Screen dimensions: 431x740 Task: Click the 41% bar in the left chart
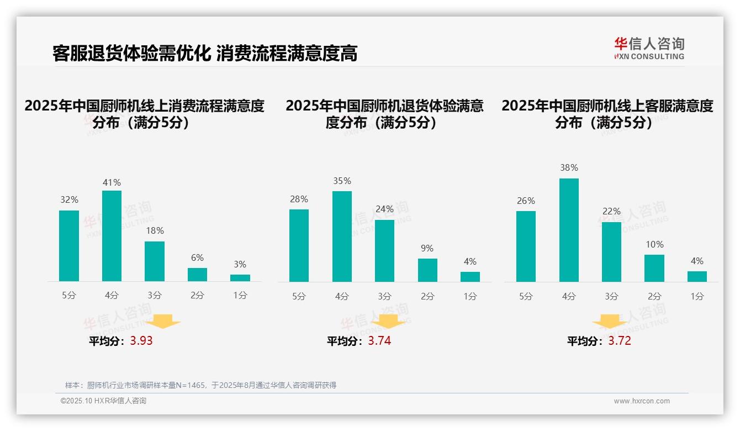pyautogui.click(x=112, y=236)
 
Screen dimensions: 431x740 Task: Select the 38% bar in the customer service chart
pyautogui.click(x=569, y=230)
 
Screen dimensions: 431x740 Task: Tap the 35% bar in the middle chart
pyautogui.click(x=342, y=236)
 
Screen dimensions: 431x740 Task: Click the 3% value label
pyautogui.click(x=240, y=265)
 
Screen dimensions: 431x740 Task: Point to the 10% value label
pyautogui.click(x=654, y=244)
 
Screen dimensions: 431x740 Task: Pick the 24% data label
pyautogui.click(x=384, y=209)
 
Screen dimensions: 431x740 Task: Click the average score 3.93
pyautogui.click(x=141, y=341)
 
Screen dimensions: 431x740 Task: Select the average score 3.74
pyautogui.click(x=379, y=341)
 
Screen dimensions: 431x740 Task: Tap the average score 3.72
pyautogui.click(x=620, y=341)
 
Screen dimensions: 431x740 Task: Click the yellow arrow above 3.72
pyautogui.click(x=610, y=322)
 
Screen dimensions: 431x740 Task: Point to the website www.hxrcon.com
pyautogui.click(x=642, y=401)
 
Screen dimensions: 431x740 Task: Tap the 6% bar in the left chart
pyautogui.click(x=197, y=275)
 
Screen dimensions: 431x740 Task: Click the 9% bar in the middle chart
pyautogui.click(x=427, y=270)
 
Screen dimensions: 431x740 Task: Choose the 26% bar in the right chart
pyautogui.click(x=526, y=246)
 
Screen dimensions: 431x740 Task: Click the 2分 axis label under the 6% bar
pyautogui.click(x=197, y=296)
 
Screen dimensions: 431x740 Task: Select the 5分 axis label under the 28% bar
pyautogui.click(x=299, y=296)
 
